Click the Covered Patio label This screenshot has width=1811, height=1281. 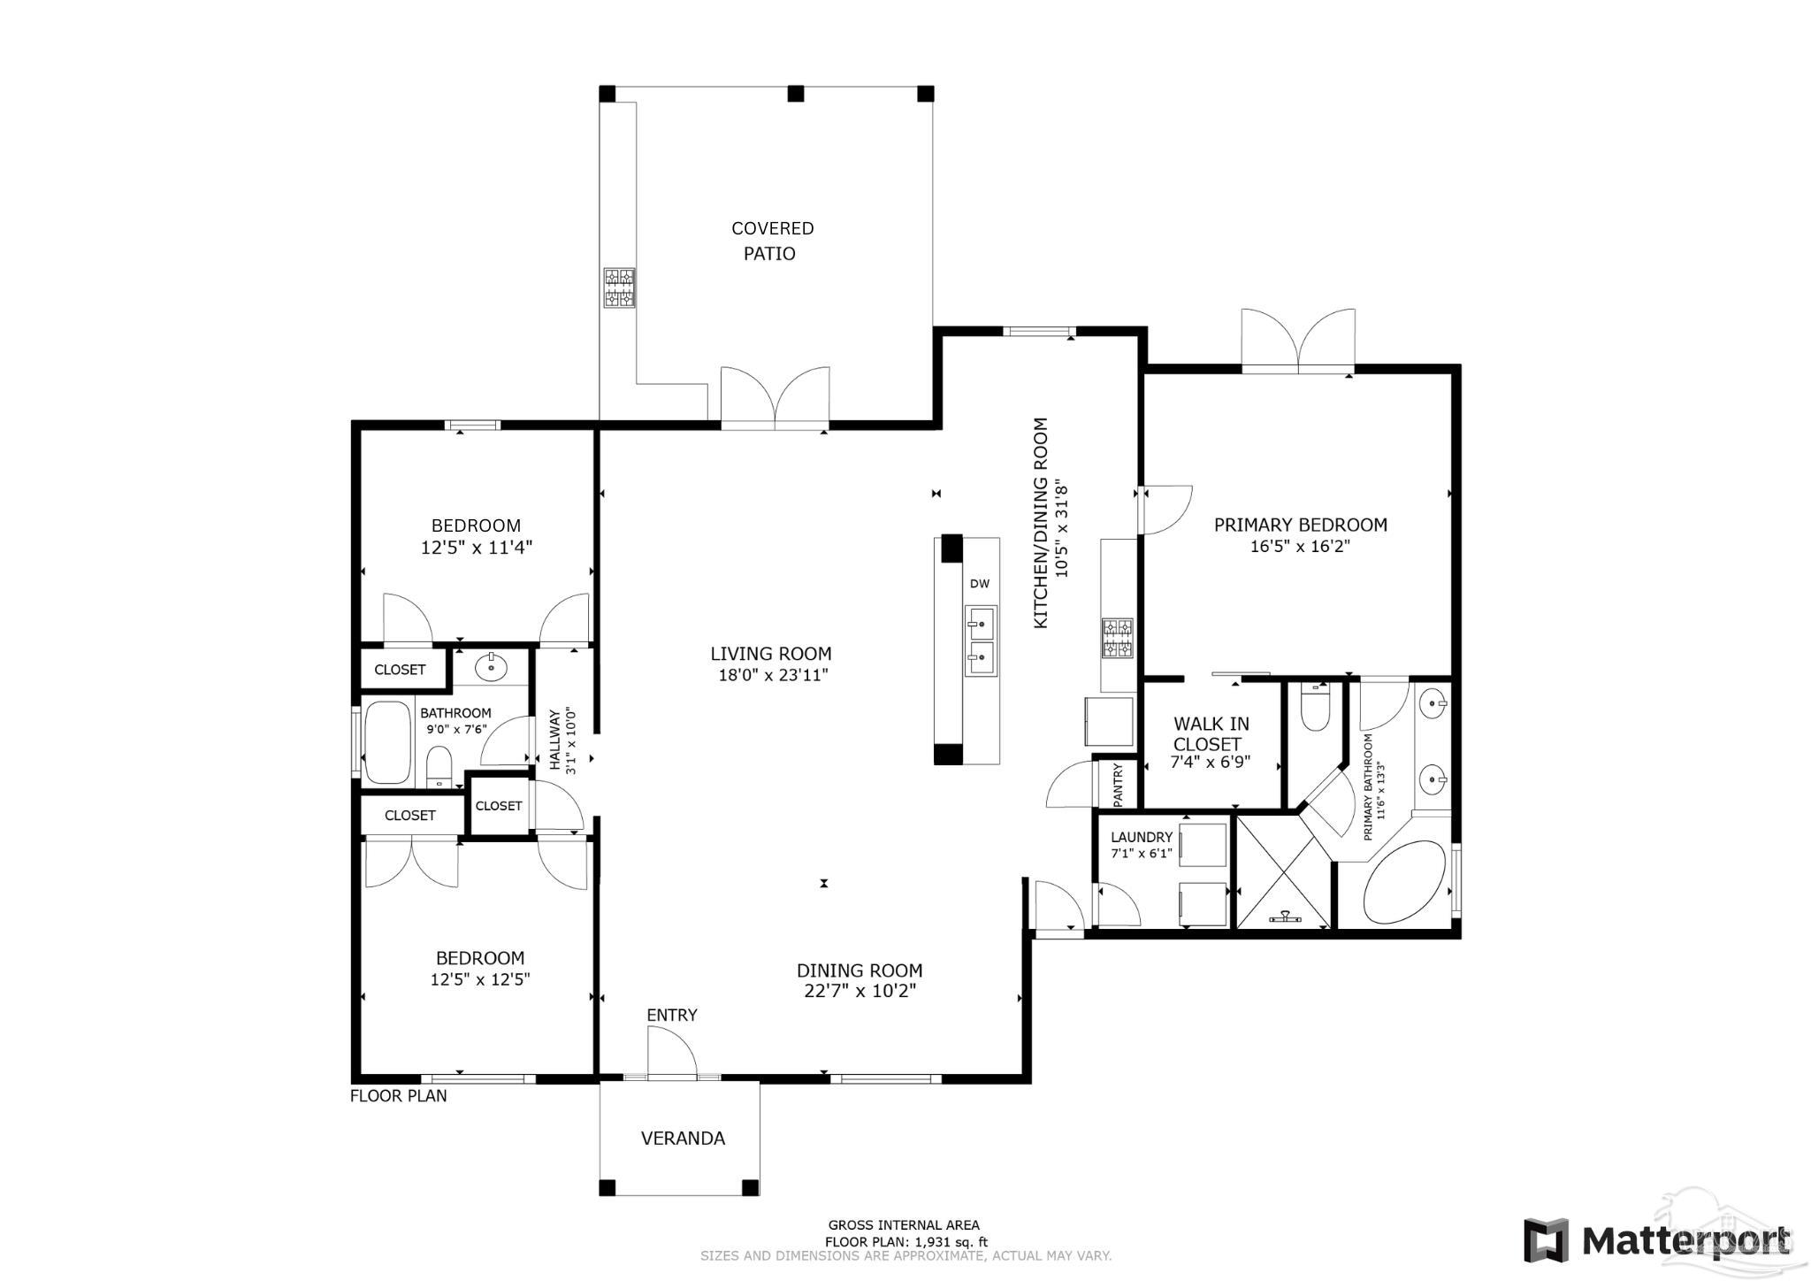pyautogui.click(x=772, y=241)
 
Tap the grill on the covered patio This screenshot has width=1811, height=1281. pyautogui.click(x=620, y=288)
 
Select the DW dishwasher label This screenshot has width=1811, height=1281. pyautogui.click(x=979, y=583)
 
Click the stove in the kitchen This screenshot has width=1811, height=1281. pyautogui.click(x=1118, y=638)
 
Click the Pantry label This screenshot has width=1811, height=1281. pyautogui.click(x=1118, y=784)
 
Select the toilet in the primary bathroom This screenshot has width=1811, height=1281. pyautogui.click(x=1316, y=707)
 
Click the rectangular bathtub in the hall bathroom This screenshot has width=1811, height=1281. pyautogui.click(x=388, y=742)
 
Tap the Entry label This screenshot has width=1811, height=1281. pyautogui.click(x=672, y=1015)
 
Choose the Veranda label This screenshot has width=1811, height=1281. pyautogui.click(x=683, y=1138)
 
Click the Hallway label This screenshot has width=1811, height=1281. pyautogui.click(x=555, y=740)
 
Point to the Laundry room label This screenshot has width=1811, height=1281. pyautogui.click(x=1142, y=837)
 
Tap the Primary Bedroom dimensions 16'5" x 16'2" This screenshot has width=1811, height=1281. pyautogui.click(x=1300, y=547)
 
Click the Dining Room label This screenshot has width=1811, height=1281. pyautogui.click(x=860, y=970)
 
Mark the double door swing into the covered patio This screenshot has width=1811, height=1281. pyautogui.click(x=776, y=398)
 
